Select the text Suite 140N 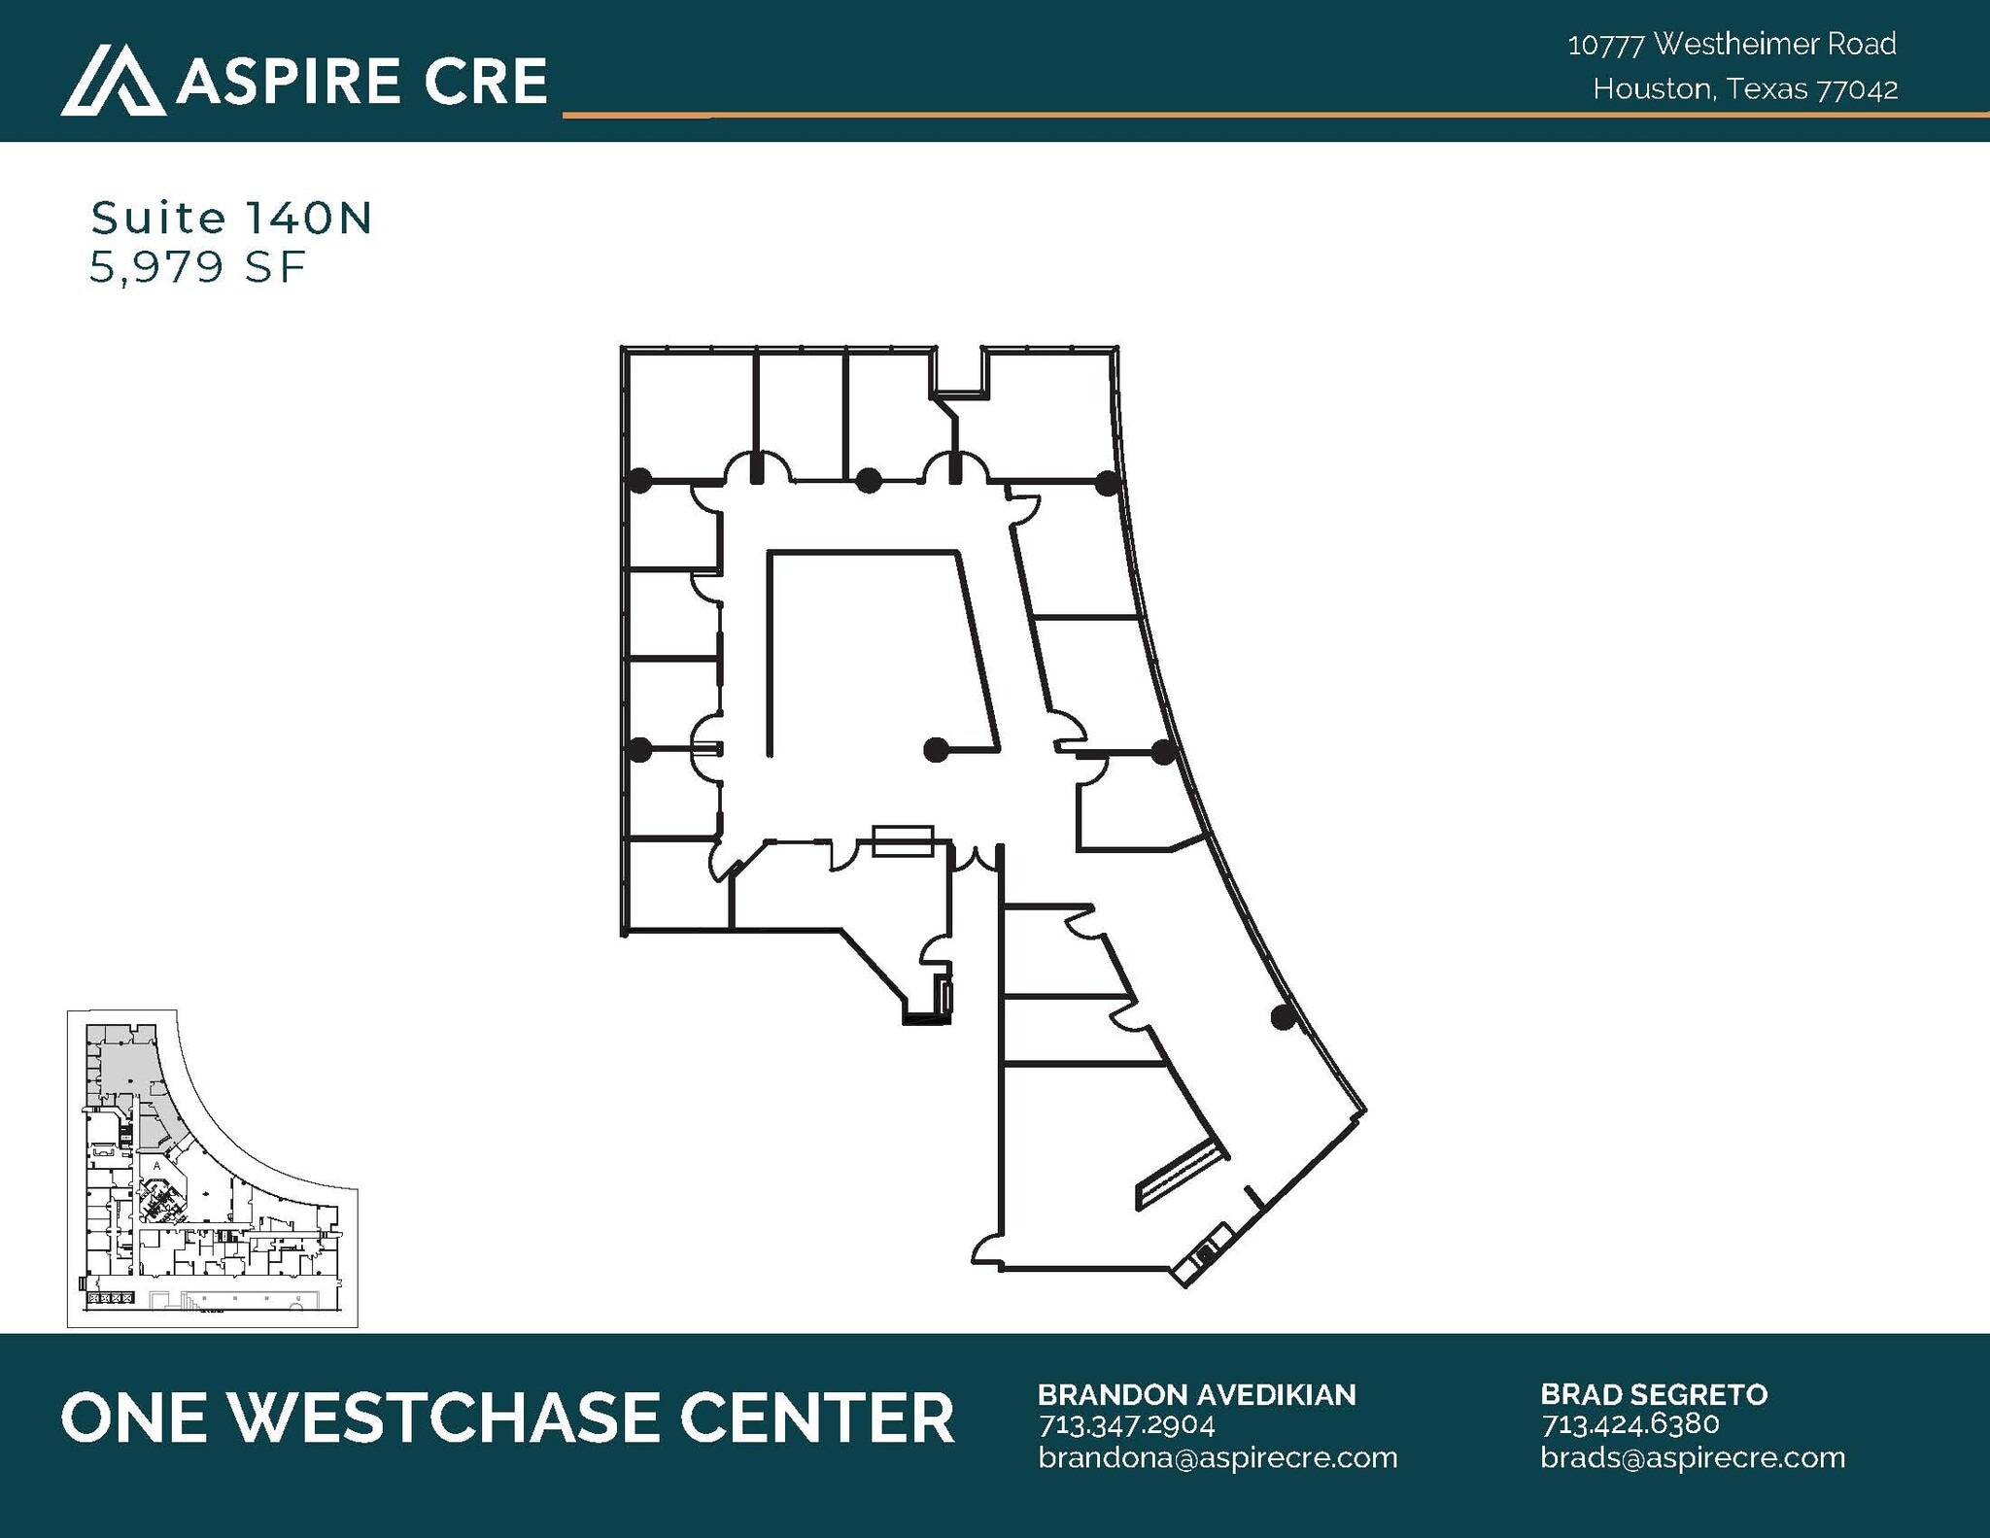pyautogui.click(x=231, y=219)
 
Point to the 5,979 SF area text pyautogui.click(x=197, y=267)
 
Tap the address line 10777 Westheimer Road pyautogui.click(x=1732, y=44)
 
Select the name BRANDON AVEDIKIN pyautogui.click(x=1196, y=1394)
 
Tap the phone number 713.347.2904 pyautogui.click(x=1126, y=1425)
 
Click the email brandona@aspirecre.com pyautogui.click(x=1218, y=1457)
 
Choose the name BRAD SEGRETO pyautogui.click(x=1653, y=1394)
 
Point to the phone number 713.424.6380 pyautogui.click(x=1630, y=1424)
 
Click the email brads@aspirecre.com pyautogui.click(x=1692, y=1457)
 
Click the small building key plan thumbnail pyautogui.click(x=212, y=1168)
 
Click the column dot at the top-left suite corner pyautogui.click(x=639, y=479)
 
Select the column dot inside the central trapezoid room pyautogui.click(x=935, y=749)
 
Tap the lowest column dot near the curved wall pyautogui.click(x=1283, y=1017)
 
